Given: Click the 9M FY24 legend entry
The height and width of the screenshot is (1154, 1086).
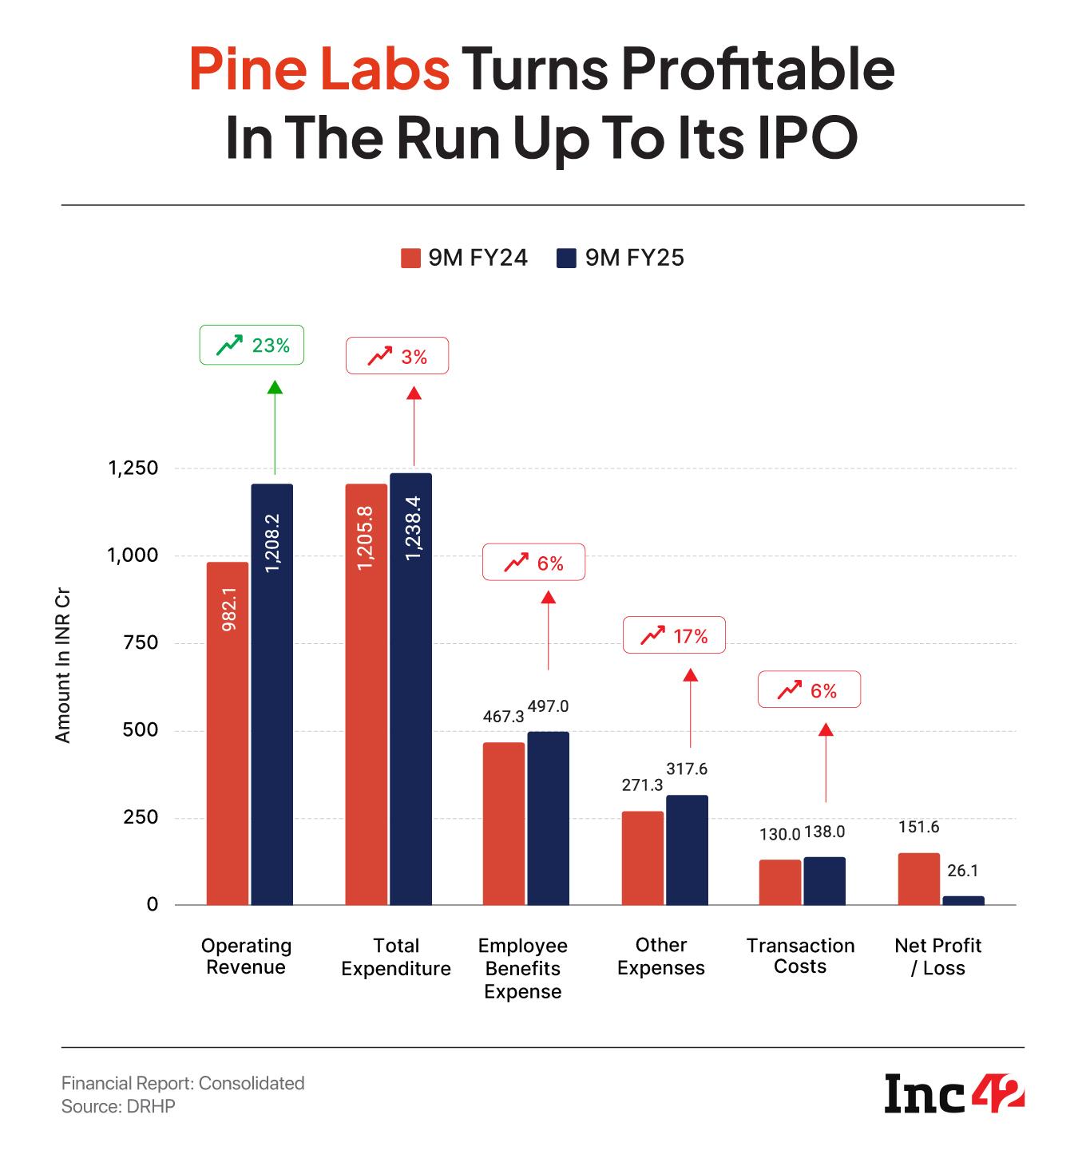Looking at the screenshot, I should pos(464,258).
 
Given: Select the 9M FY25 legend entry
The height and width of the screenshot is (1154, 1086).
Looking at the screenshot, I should pos(620,258).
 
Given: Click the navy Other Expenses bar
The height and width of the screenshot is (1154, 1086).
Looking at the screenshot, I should pos(688,849).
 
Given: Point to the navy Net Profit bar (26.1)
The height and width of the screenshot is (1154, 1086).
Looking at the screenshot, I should pos(963,900).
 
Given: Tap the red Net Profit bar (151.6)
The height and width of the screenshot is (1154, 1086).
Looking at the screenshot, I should pos(919,879).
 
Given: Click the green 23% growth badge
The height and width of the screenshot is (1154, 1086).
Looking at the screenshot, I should pos(252,346).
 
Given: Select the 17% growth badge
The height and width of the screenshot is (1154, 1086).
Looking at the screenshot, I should pos(674,635).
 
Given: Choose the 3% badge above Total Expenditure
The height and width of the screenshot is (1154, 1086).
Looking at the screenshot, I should pos(397,357).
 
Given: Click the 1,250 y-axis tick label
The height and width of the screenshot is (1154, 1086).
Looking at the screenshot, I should pos(133,468).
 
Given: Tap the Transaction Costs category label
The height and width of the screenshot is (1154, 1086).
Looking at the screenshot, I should pos(800,956).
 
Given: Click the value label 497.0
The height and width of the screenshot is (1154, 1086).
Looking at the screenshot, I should pos(549,706).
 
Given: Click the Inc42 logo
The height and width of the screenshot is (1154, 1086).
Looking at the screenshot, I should pos(954,1093).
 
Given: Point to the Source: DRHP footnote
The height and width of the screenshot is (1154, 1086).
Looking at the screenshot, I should pos(118,1107).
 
